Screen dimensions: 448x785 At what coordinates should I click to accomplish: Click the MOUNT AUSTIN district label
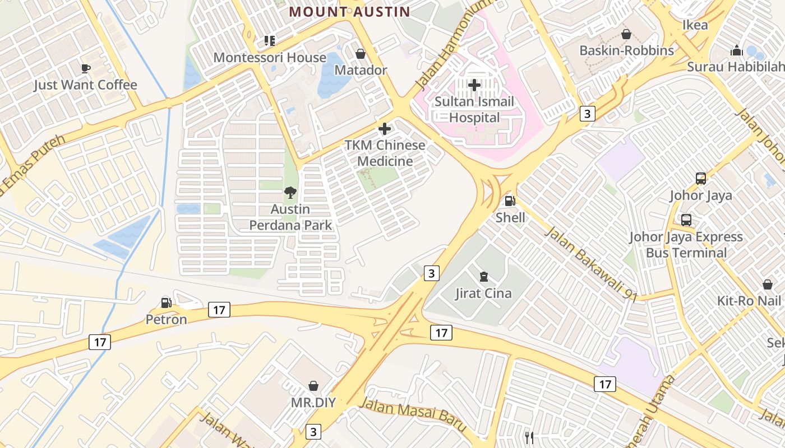(x=349, y=11)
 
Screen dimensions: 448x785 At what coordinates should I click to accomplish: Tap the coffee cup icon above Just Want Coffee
(x=85, y=68)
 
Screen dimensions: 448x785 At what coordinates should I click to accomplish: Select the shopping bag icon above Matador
(x=361, y=54)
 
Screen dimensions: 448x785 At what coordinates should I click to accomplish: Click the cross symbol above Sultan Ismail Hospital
(x=474, y=85)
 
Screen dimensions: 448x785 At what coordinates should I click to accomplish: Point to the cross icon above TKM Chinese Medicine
(x=385, y=129)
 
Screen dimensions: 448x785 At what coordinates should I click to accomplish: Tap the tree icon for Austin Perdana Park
(x=290, y=193)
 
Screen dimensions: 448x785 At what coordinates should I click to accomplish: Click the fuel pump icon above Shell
(x=510, y=201)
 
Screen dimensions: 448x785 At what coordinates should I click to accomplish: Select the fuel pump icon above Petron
(x=166, y=303)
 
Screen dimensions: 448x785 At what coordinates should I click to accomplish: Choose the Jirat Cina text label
(x=483, y=293)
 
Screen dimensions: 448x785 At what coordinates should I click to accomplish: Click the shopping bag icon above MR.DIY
(x=313, y=386)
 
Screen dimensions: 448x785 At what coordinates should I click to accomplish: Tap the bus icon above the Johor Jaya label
(x=701, y=179)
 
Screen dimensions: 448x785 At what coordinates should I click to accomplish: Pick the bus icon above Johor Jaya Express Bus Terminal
(x=686, y=220)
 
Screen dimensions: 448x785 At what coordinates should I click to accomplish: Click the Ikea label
(x=695, y=25)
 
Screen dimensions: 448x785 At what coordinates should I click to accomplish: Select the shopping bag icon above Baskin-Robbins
(x=626, y=34)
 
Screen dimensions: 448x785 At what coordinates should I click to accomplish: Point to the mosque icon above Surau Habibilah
(x=737, y=50)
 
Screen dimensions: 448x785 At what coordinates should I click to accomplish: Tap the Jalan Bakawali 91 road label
(x=590, y=264)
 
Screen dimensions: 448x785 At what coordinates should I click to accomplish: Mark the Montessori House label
(x=270, y=58)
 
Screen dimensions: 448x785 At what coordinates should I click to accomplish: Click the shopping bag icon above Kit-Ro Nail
(x=768, y=284)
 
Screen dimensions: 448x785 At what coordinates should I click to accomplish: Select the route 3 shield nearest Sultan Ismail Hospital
(x=587, y=114)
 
